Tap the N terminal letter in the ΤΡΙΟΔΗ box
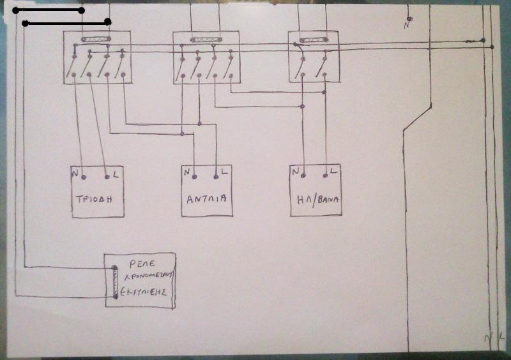click(76, 173)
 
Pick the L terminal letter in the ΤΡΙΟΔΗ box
click(114, 173)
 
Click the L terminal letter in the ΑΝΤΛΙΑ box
click(225, 172)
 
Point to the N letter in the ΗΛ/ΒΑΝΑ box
click(295, 171)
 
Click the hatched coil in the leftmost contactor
click(96, 40)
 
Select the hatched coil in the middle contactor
click(205, 40)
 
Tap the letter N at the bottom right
click(488, 336)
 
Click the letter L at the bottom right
click(501, 335)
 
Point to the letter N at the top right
click(406, 26)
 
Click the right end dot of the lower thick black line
click(108, 22)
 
